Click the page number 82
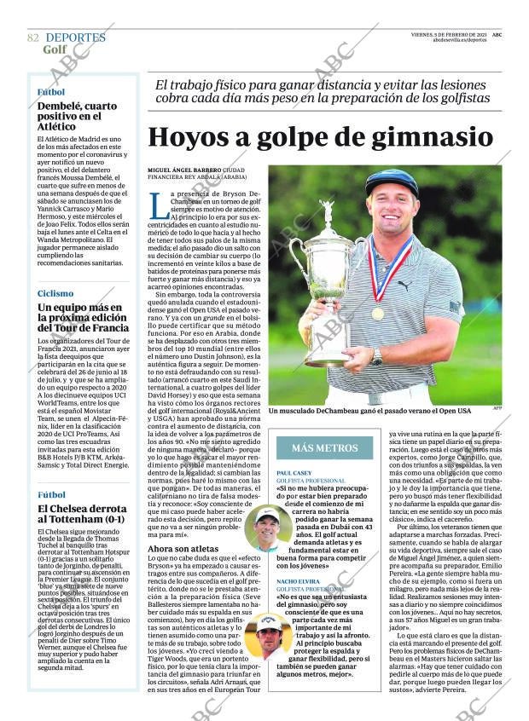point(33,37)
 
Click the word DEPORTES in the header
point(75,37)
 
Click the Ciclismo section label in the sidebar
point(55,293)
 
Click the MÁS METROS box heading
point(324,447)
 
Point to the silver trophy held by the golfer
point(325,273)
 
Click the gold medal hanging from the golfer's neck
point(377,313)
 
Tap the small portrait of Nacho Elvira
point(268,634)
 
